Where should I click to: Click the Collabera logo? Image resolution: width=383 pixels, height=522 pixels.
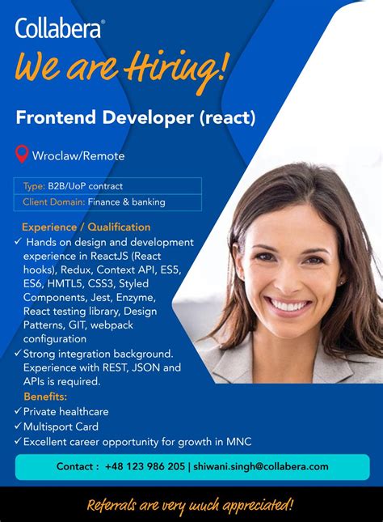tap(60, 28)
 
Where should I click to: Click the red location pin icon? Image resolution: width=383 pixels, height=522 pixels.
tap(23, 155)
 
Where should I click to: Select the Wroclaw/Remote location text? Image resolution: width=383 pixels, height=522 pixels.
tap(78, 155)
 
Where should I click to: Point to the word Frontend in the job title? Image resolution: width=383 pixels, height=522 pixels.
tap(55, 117)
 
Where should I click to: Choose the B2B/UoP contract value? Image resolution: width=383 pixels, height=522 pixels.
tap(85, 186)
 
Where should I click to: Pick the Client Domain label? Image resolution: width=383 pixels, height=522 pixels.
tap(53, 202)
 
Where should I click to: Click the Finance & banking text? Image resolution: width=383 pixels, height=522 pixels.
tap(126, 202)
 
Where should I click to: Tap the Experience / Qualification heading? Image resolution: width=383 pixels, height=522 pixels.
tap(86, 227)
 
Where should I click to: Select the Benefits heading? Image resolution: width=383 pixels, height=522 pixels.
tap(45, 397)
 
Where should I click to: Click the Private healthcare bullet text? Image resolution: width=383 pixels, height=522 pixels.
tap(65, 411)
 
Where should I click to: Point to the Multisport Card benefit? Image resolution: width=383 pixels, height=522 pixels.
tap(61, 427)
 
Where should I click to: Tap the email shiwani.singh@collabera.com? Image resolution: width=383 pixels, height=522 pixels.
tap(260, 466)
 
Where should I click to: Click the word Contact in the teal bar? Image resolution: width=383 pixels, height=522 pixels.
tap(78, 466)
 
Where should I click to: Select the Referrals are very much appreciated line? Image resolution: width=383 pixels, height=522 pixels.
tap(190, 506)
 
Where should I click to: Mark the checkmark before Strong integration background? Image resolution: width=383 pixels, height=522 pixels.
tap(18, 353)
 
